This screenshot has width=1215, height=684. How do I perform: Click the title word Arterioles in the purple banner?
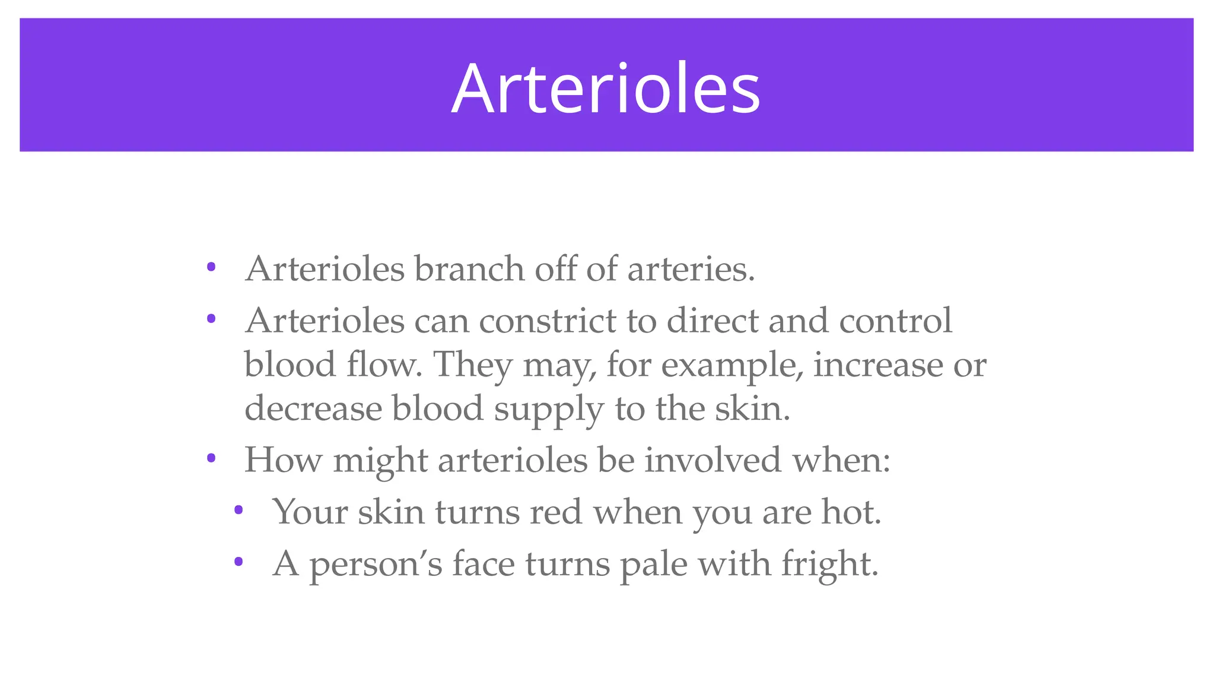(606, 89)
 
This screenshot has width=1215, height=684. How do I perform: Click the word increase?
(877, 365)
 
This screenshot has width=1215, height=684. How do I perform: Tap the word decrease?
(313, 408)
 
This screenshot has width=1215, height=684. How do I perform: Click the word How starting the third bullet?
(283, 460)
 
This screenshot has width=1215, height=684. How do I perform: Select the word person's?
(376, 564)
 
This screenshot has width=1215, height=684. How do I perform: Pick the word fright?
(829, 564)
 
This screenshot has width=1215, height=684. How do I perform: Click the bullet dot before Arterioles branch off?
(211, 267)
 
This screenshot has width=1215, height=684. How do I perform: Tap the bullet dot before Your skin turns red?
(238, 509)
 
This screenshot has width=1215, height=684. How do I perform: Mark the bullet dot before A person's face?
(238, 561)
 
